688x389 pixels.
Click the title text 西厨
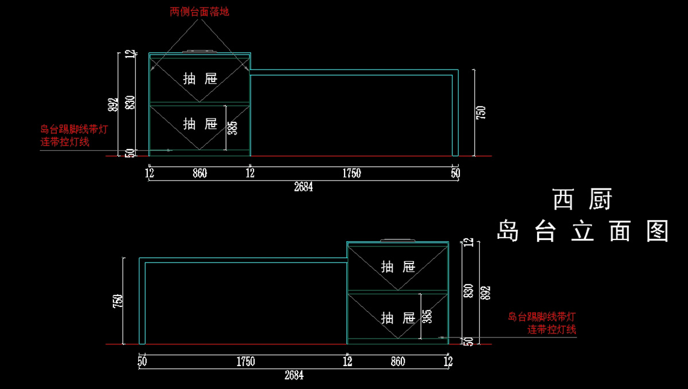pos(583,200)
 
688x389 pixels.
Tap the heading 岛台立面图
pos(583,231)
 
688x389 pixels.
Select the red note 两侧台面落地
pos(200,11)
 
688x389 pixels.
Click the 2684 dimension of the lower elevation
pos(294,376)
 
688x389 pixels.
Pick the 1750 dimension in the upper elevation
pos(351,173)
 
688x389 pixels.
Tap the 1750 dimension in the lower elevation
pos(245,362)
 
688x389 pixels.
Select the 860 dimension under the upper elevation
pos(200,173)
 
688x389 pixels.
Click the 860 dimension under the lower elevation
pos(397,362)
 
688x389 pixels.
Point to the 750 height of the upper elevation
pos(482,112)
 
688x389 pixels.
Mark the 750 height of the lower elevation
pos(118,301)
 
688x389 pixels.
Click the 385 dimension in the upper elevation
pos(232,127)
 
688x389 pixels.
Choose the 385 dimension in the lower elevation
pos(427,316)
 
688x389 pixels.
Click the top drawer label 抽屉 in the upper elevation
pos(200,78)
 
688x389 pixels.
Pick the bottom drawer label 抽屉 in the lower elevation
pos(397,317)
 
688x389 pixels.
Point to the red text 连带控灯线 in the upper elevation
pos(65,142)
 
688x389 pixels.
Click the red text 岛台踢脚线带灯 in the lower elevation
pos(542,316)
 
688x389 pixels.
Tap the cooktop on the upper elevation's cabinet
pos(200,52)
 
